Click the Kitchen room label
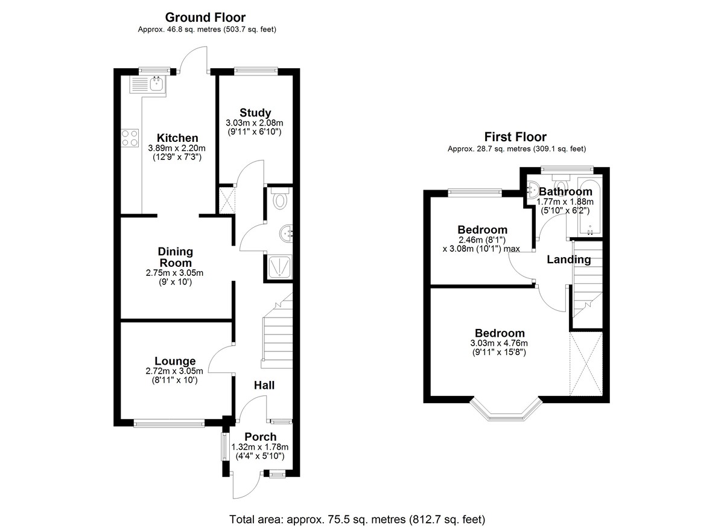(x=177, y=138)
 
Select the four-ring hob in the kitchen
(x=130, y=138)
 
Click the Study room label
(x=255, y=113)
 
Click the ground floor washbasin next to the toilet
(x=287, y=232)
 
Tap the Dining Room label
(x=175, y=257)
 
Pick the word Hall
(x=264, y=385)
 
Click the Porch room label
(x=261, y=436)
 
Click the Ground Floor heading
(x=205, y=18)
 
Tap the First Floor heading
(x=516, y=137)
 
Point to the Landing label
(x=568, y=260)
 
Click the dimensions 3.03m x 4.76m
(x=499, y=343)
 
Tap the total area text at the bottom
(x=357, y=519)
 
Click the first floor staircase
(x=586, y=278)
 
